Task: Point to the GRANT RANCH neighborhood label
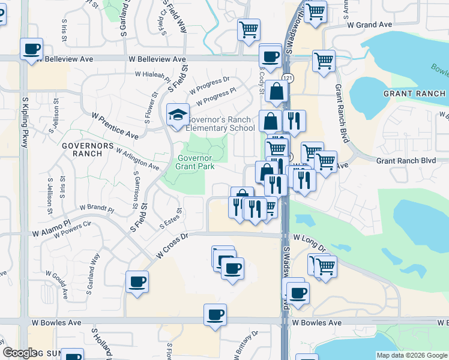tap(414, 94)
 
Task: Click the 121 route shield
tap(289, 78)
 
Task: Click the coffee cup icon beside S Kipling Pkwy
tap(32, 50)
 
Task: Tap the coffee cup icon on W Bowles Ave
tap(214, 315)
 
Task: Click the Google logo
tap(19, 353)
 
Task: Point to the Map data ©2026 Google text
tap(411, 355)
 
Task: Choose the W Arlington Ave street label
tap(137, 159)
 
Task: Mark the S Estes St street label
tap(171, 220)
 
